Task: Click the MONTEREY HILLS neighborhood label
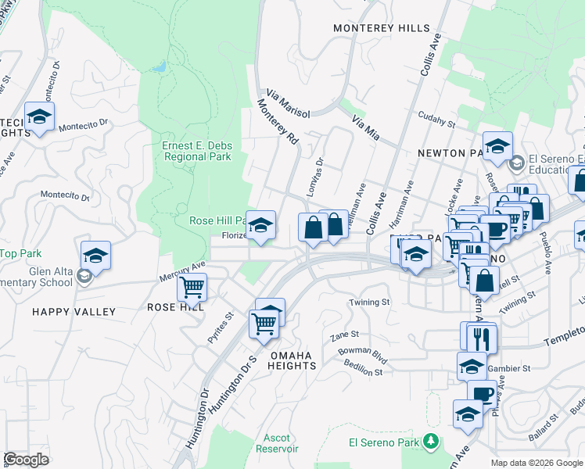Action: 382,28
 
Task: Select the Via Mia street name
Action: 365,129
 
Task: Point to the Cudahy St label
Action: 436,122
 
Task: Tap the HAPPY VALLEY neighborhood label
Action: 74,312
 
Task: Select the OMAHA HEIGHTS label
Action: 292,361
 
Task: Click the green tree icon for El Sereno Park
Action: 429,442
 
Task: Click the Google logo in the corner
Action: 26,460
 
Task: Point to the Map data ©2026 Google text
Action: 537,463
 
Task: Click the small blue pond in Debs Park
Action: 160,67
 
